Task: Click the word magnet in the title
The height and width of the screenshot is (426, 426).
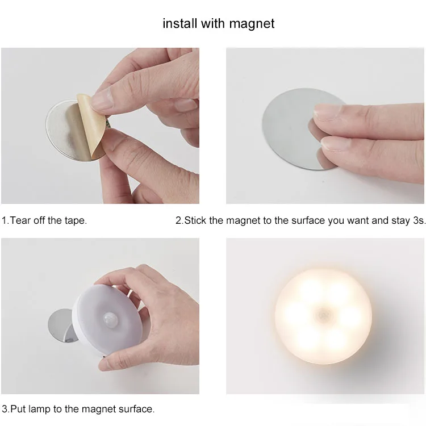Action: coord(252,24)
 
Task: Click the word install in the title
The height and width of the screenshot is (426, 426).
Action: coord(180,23)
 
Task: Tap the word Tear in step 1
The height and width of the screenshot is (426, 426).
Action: coord(20,220)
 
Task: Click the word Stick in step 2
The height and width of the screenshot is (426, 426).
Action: coord(195,220)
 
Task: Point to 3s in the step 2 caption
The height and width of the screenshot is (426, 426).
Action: coord(418,220)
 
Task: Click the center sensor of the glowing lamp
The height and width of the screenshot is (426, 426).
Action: coord(323,316)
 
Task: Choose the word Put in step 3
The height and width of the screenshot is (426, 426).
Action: coord(18,409)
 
